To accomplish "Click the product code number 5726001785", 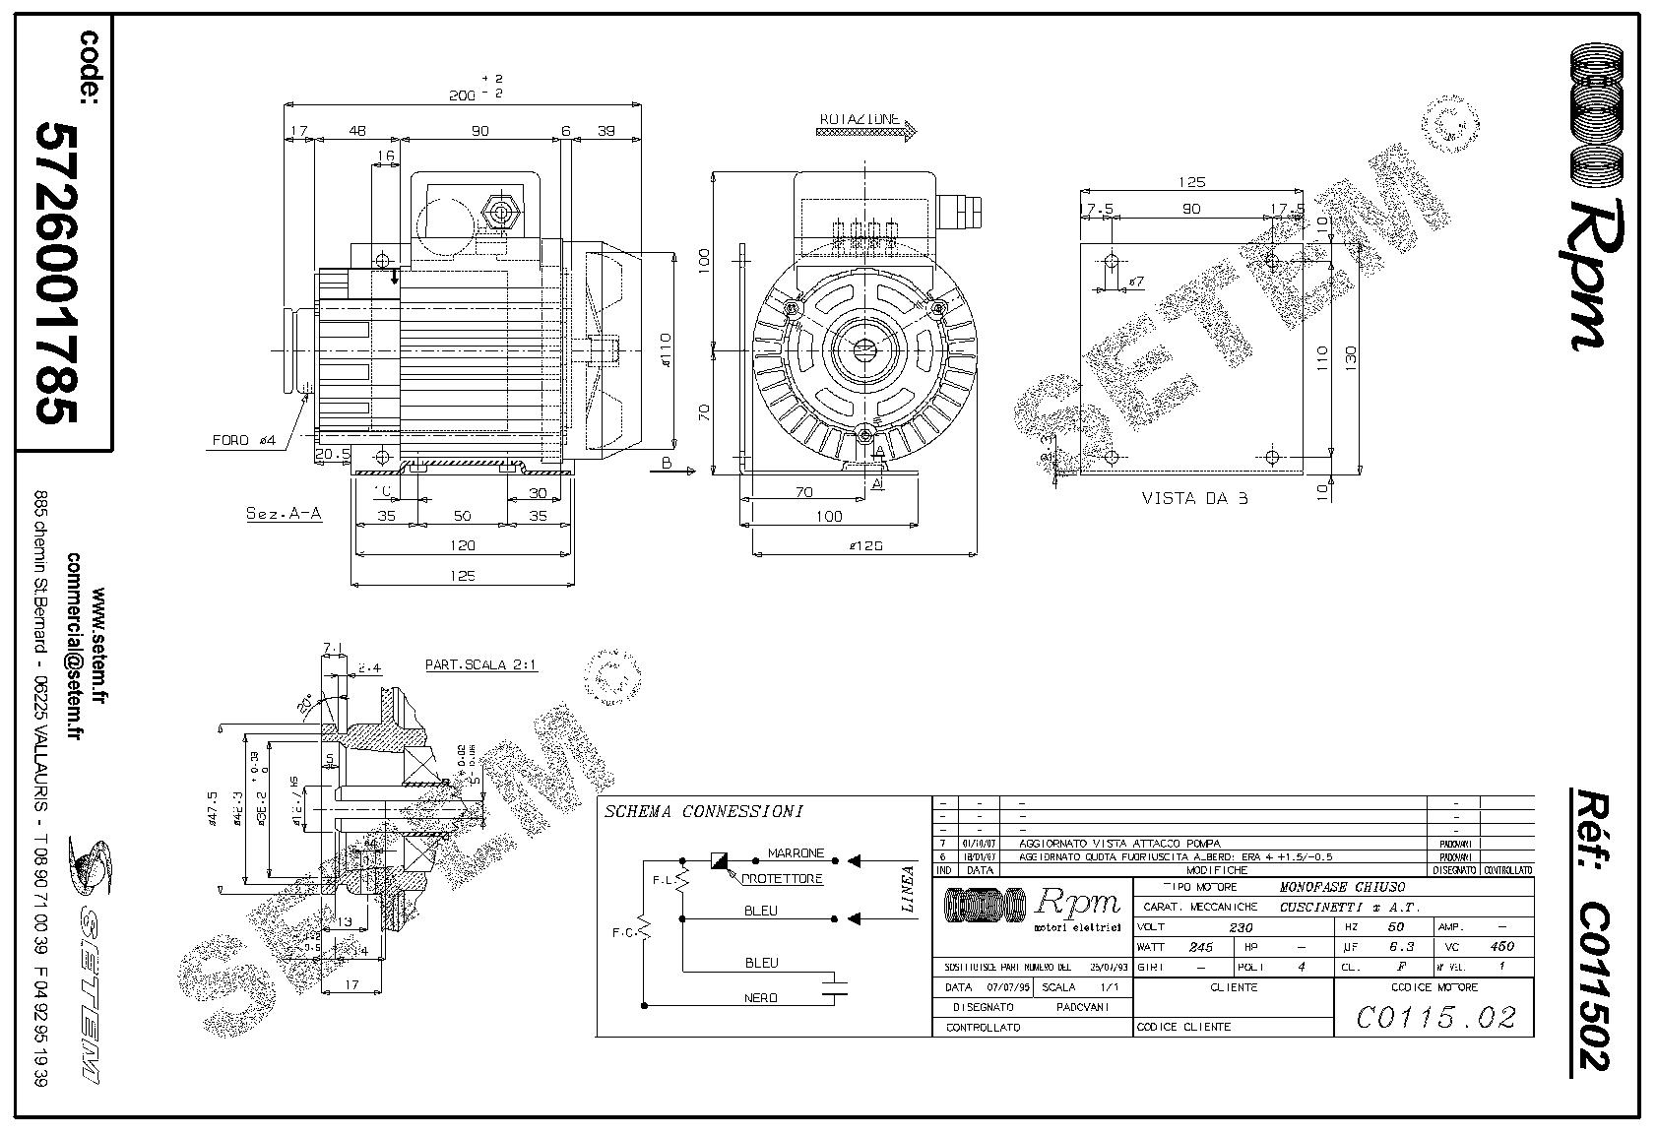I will tap(57, 273).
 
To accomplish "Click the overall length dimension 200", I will tap(462, 95).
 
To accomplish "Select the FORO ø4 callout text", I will tap(245, 440).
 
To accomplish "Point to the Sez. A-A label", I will tap(284, 514).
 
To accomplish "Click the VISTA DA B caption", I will tap(1194, 498).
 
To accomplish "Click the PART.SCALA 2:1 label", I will tap(480, 664).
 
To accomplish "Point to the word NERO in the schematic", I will tap(760, 998).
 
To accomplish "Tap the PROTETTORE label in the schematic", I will tap(782, 879).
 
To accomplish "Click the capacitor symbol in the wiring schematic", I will tap(835, 986).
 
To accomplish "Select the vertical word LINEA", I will tap(908, 889).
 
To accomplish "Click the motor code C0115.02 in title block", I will tap(1435, 1017).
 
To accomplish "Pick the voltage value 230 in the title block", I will tap(1242, 927).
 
